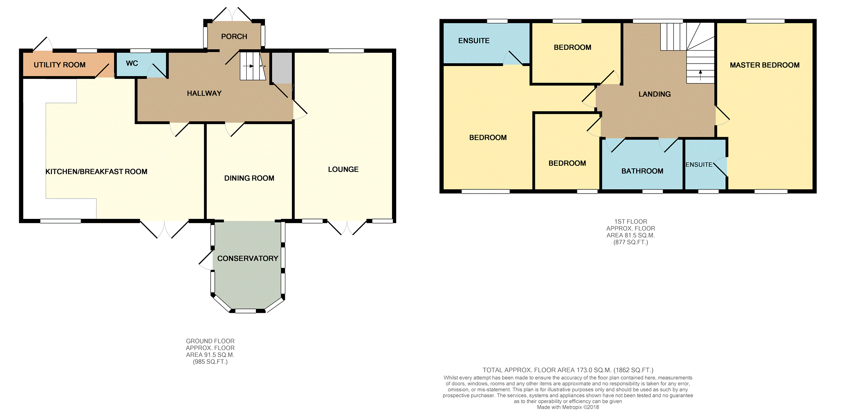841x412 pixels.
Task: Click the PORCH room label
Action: (234, 37)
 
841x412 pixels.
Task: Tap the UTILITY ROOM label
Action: (59, 65)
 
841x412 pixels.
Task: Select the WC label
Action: (132, 63)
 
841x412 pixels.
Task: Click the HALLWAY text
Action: (204, 93)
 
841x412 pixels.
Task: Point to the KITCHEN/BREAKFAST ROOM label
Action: (96, 172)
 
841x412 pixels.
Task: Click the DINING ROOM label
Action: (249, 178)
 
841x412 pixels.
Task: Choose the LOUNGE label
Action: (343, 169)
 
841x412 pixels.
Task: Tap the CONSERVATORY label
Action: (248, 258)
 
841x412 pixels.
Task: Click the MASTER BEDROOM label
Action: (764, 65)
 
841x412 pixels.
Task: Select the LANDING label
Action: (654, 94)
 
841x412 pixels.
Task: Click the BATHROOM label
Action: (642, 171)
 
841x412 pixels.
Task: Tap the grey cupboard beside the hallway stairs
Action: (282, 68)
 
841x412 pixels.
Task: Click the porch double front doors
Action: (233, 15)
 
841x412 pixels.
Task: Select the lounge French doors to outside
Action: (347, 228)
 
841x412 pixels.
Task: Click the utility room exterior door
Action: (43, 44)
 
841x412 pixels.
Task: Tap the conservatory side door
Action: (206, 260)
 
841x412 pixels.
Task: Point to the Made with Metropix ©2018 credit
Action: (567, 407)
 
